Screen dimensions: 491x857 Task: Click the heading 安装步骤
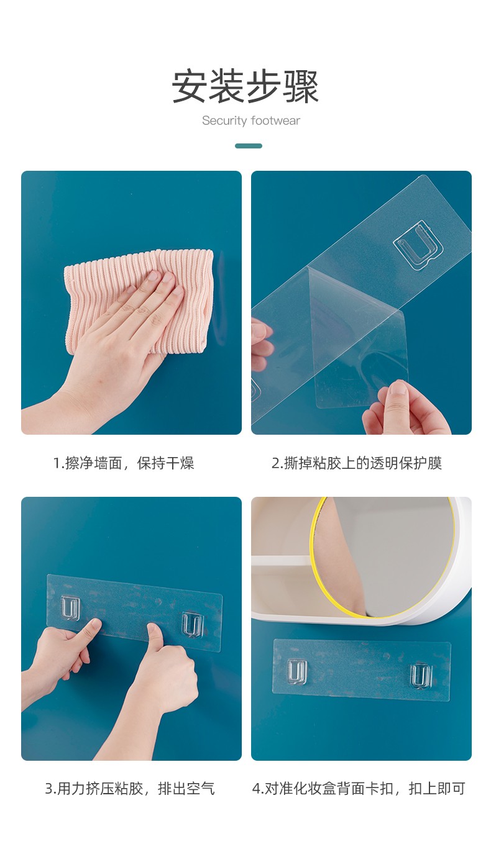point(245,86)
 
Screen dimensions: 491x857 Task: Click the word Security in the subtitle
point(224,121)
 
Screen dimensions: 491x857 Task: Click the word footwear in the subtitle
point(275,121)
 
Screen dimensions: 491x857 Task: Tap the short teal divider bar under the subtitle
point(249,146)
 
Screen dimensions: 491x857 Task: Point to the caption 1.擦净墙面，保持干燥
point(123,463)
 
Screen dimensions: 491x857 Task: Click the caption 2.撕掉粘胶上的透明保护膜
point(357,463)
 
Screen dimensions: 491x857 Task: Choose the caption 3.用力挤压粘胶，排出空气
point(130,789)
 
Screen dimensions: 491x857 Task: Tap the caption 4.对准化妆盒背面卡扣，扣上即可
point(359,789)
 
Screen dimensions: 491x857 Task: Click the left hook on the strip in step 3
point(70,608)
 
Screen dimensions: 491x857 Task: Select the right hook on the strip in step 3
point(192,624)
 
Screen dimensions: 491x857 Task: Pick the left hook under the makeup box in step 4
point(297,672)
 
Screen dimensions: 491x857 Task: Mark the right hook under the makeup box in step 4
point(421,676)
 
